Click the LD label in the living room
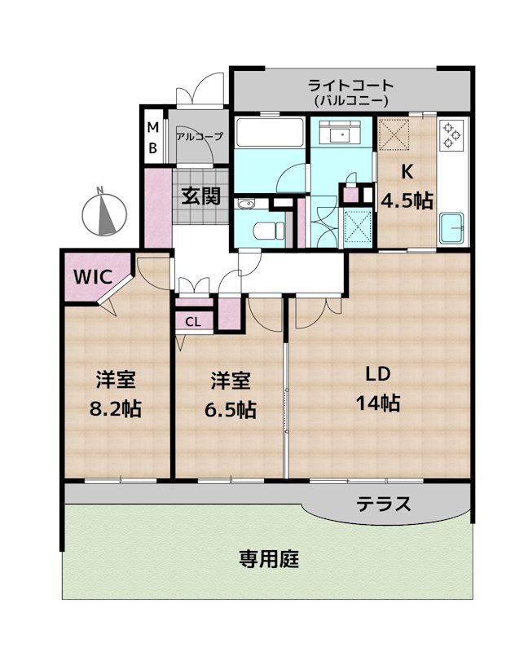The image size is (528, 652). pyautogui.click(x=377, y=374)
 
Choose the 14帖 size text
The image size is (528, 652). pyautogui.click(x=377, y=403)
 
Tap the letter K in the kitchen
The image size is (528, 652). pyautogui.click(x=407, y=173)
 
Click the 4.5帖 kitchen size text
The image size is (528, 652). pyautogui.click(x=407, y=200)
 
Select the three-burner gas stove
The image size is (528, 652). pyautogui.click(x=451, y=135)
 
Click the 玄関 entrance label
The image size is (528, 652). pyautogui.click(x=200, y=196)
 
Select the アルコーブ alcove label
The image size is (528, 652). pyautogui.click(x=199, y=137)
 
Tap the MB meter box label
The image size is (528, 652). pyautogui.click(x=152, y=139)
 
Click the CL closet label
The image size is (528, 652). pyautogui.click(x=193, y=321)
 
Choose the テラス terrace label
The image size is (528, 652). pyautogui.click(x=383, y=504)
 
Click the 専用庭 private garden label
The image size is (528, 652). pyautogui.click(x=269, y=560)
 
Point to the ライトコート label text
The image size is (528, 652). pyautogui.click(x=350, y=85)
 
